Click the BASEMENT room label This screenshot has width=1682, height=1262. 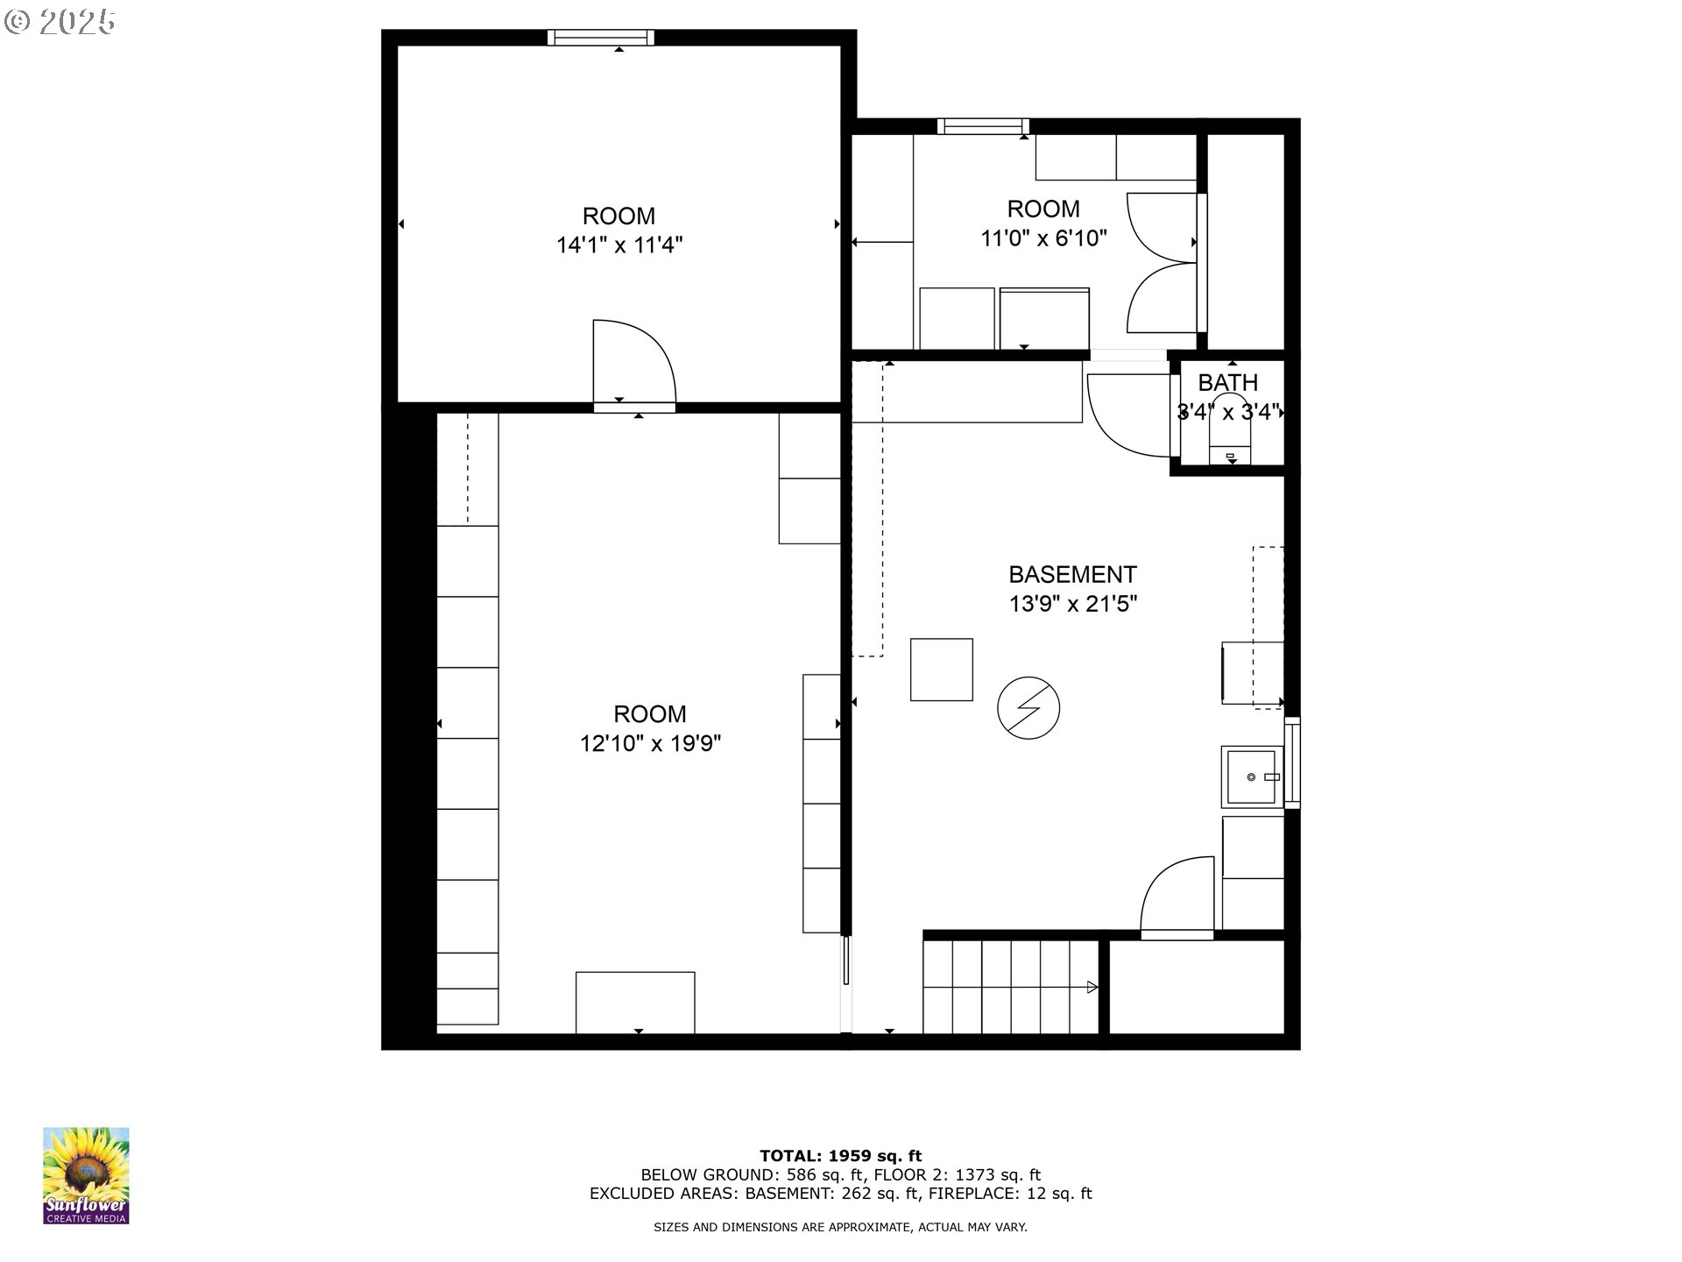click(1072, 575)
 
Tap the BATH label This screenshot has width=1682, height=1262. click(1227, 383)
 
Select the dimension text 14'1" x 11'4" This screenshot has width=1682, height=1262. click(619, 245)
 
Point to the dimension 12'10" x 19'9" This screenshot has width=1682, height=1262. click(650, 744)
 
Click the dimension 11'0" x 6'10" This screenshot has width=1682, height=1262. click(1043, 238)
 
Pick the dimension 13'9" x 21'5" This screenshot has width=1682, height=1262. click(1073, 605)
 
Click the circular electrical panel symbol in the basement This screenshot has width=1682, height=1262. click(1028, 707)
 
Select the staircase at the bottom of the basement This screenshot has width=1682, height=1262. click(1010, 987)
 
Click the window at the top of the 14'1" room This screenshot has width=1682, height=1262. click(601, 37)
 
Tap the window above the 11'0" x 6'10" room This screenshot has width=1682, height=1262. click(982, 126)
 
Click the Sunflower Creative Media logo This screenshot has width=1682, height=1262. click(86, 1175)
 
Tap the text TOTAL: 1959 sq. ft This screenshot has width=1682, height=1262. click(840, 1156)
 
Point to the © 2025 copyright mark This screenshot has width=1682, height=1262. click(60, 22)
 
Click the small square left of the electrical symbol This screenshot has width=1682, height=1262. click(941, 670)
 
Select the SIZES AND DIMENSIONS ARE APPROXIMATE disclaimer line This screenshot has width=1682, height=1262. click(840, 1228)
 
